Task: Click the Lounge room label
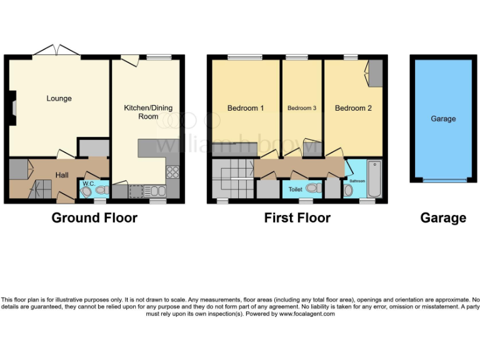pos(59,99)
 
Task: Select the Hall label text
pos(62,175)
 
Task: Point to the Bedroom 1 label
pos(245,108)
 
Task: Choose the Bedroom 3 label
pos(301,108)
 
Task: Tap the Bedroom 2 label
pos(353,108)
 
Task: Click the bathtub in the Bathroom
pos(374,179)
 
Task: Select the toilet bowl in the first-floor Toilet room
pos(311,187)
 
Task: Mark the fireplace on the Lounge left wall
pos(12,104)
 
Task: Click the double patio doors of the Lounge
pos(56,50)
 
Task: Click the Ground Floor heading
pos(94,217)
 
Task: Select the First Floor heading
pos(297,217)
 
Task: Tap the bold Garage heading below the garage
pos(442,217)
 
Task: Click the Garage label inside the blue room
pos(443,119)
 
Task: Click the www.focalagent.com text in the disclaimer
pos(306,314)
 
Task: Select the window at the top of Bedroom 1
pos(244,57)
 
